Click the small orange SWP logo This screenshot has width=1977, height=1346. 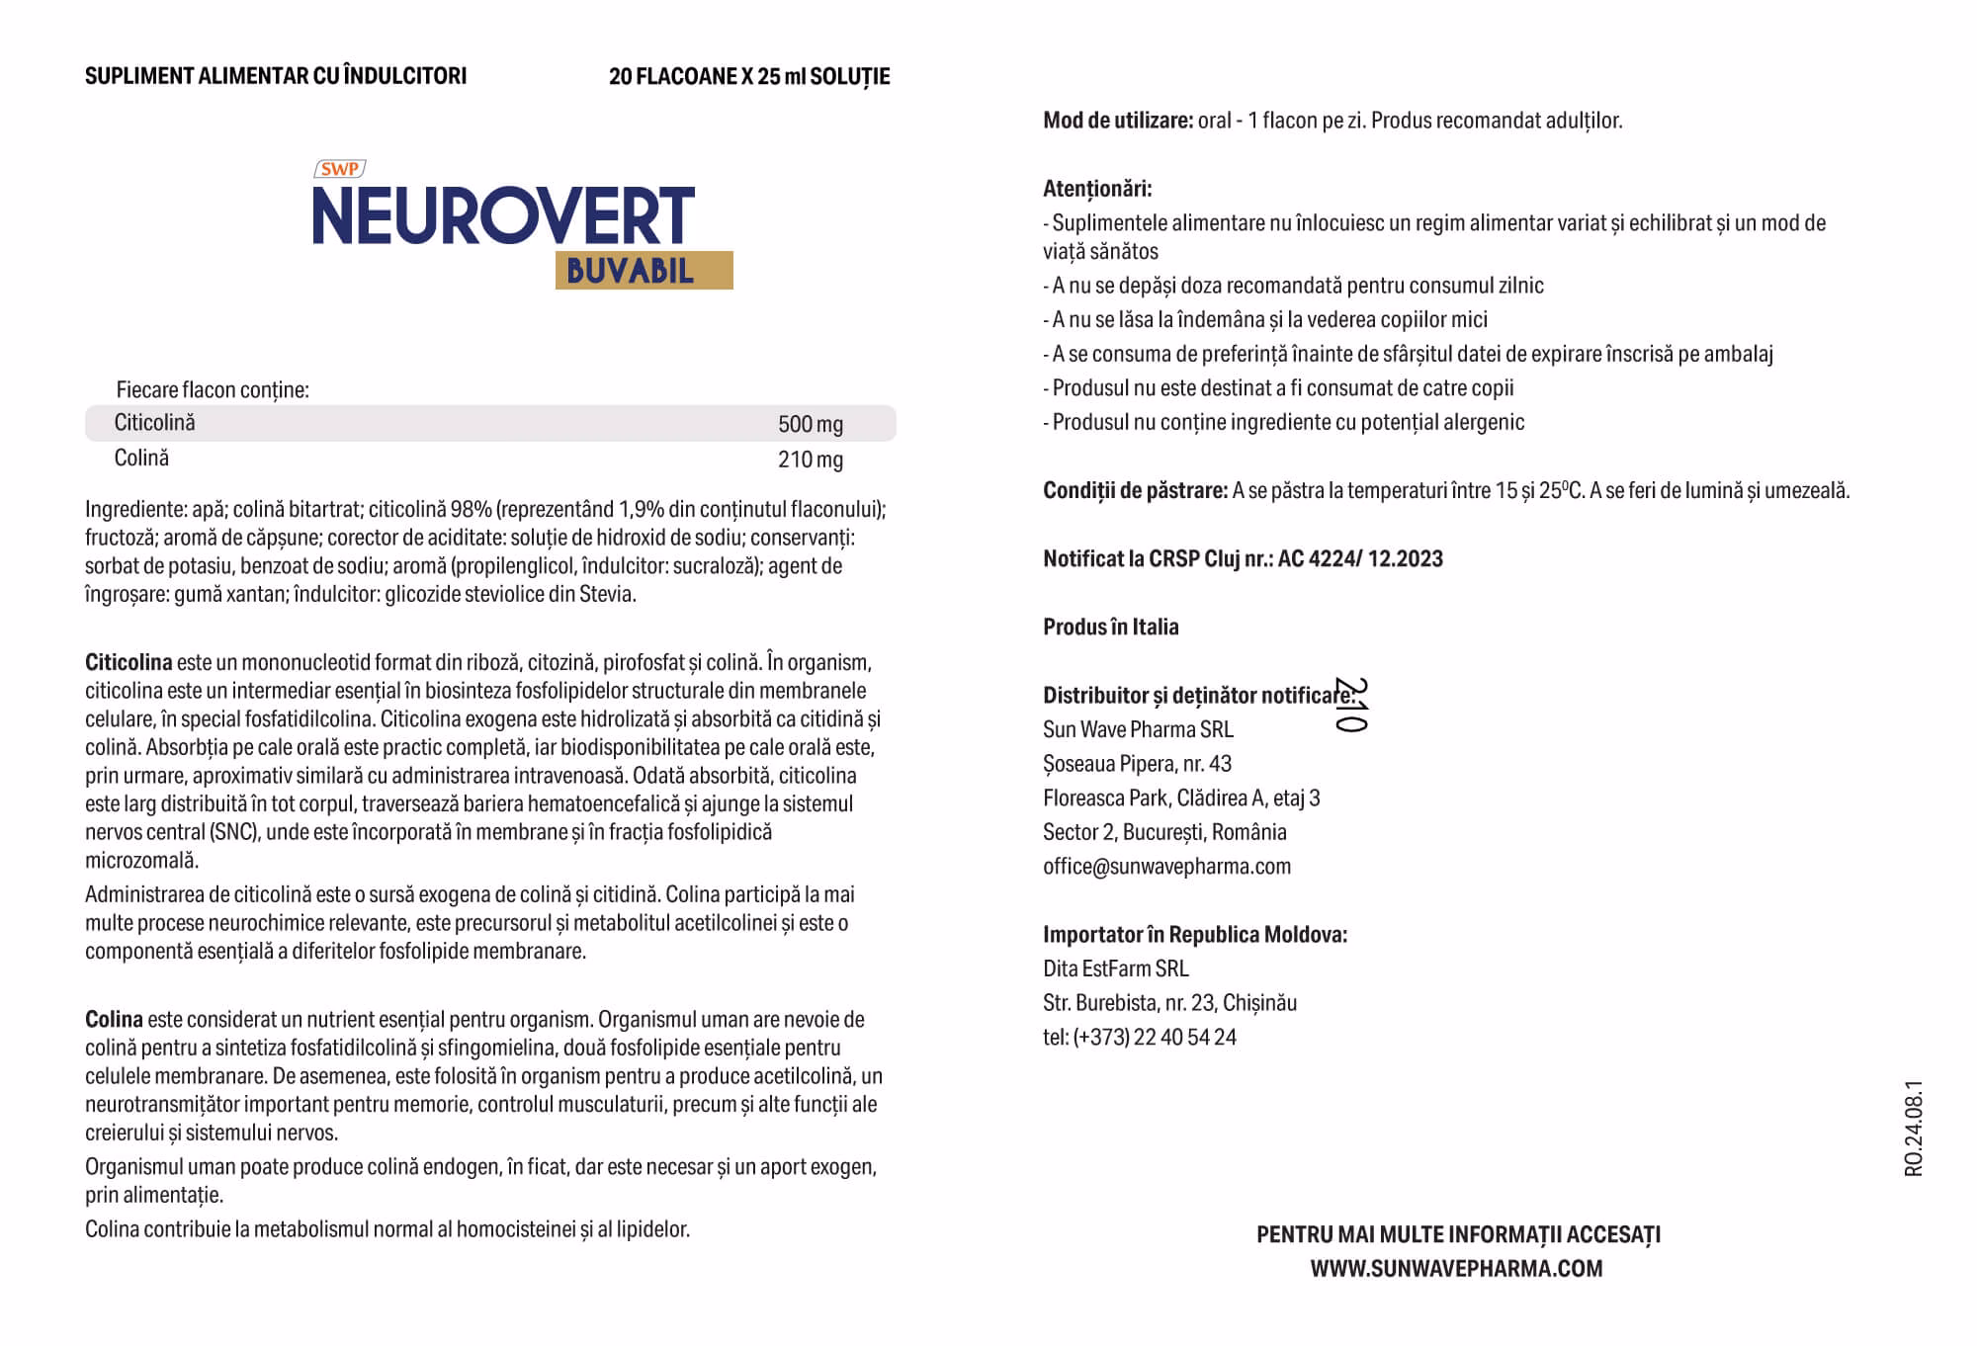coord(339,169)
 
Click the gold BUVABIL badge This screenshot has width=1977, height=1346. coord(644,270)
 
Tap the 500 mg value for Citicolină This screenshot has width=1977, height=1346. coord(810,425)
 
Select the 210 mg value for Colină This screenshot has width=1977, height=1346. coord(810,460)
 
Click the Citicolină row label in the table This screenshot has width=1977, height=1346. coord(155,423)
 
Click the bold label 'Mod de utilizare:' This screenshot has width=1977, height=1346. coord(1117,121)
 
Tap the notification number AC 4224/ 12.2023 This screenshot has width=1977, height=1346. coord(1360,559)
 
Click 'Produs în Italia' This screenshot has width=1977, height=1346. coord(1110,628)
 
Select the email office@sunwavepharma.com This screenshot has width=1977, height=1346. coord(1166,867)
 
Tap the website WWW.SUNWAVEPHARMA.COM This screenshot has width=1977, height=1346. coord(1456,1269)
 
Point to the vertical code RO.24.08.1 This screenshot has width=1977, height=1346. coord(1914,1128)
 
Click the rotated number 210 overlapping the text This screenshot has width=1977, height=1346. coord(1350,705)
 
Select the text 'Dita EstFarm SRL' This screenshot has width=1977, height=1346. coord(1115,969)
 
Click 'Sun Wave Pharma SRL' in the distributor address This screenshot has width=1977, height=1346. coord(1138,730)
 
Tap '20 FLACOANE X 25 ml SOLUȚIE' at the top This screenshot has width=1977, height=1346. coord(749,77)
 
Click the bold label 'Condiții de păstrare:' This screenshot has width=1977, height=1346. coord(1135,491)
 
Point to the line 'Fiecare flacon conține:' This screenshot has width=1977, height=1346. coord(213,390)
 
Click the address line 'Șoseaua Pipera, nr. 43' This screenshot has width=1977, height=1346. coord(1137,764)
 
